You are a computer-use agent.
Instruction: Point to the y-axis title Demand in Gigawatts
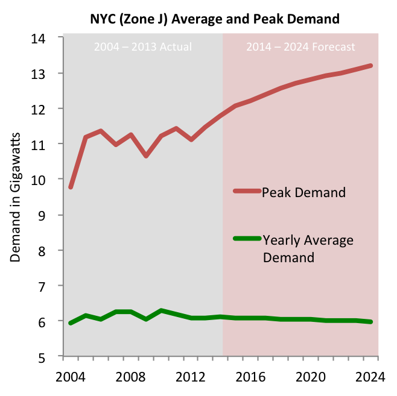pyautogui.click(x=16, y=196)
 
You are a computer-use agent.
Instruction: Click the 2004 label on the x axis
pyautogui.click(x=71, y=377)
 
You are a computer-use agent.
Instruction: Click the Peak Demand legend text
pyautogui.click(x=303, y=193)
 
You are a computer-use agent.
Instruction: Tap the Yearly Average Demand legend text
pyautogui.click(x=308, y=249)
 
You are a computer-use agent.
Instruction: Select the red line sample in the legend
pyautogui.click(x=247, y=191)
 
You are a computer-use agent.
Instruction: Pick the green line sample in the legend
pyautogui.click(x=247, y=239)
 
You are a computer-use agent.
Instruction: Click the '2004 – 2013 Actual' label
pyautogui.click(x=143, y=47)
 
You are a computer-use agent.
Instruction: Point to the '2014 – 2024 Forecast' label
pyautogui.click(x=300, y=47)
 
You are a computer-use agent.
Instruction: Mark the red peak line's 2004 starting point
pyautogui.click(x=71, y=187)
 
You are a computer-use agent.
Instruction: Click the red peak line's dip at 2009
pyautogui.click(x=147, y=156)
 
